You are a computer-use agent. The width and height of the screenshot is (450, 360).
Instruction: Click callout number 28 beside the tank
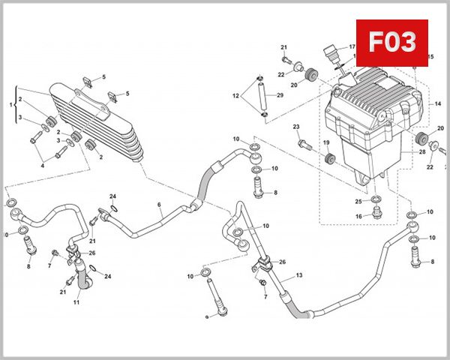click(422, 152)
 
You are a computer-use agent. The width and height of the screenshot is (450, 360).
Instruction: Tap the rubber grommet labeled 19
click(328, 158)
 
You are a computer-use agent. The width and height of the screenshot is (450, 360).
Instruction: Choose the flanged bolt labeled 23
click(303, 142)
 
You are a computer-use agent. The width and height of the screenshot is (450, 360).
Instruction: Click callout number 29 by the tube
click(280, 95)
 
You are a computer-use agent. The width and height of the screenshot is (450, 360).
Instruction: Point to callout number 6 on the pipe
click(159, 205)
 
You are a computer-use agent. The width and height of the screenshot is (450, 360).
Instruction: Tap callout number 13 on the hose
click(298, 276)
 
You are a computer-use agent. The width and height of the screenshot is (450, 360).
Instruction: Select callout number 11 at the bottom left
click(76, 302)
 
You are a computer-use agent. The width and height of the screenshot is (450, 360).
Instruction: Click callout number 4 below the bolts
click(42, 166)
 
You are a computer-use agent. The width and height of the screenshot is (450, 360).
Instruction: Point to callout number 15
click(430, 57)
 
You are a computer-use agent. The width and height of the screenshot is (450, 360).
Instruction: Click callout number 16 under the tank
click(358, 216)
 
